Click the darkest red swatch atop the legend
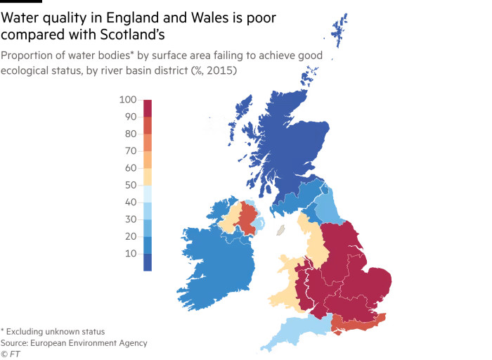click(x=148, y=108)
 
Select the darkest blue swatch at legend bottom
click(x=148, y=262)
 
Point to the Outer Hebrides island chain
click(x=242, y=112)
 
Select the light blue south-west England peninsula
click(x=295, y=331)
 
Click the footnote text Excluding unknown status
click(x=56, y=331)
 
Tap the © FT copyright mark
click(x=11, y=354)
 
